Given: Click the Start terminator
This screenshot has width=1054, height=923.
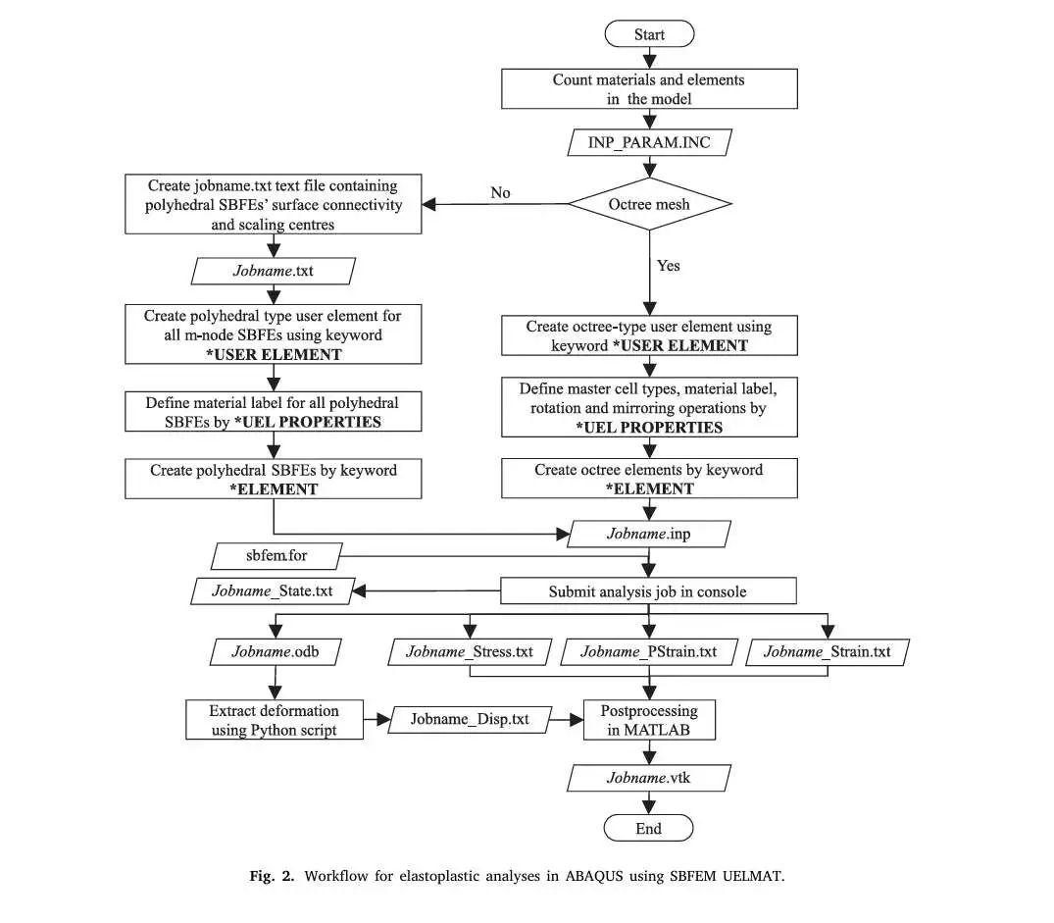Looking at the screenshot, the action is coord(649,33).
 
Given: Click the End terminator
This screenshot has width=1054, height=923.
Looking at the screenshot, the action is coord(649,828).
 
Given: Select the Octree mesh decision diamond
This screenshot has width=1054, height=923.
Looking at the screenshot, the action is coord(649,204).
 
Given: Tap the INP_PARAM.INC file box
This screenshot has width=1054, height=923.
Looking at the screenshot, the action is coord(649,142).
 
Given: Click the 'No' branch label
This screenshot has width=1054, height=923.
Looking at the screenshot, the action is coord(500,193).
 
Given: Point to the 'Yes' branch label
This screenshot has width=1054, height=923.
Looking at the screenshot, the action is coord(668,266).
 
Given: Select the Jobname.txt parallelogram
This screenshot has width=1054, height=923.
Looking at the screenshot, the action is coord(274,271).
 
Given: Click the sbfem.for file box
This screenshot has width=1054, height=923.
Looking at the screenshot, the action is coord(276,556).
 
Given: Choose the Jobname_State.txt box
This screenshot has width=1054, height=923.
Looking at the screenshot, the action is coord(273,590).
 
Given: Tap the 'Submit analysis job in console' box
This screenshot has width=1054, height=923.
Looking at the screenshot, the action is coord(649,591).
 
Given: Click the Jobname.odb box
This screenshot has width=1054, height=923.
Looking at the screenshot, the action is coord(276,652).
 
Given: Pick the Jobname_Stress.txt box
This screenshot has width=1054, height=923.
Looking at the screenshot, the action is coord(470,652).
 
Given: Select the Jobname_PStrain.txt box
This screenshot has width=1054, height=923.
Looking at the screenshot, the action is coord(649,652).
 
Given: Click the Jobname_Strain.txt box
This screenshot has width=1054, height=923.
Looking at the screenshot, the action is coord(828,652).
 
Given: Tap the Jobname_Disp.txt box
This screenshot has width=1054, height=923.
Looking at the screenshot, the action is coord(470,719).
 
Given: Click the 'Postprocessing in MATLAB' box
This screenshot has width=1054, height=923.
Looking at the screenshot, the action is coord(649,720).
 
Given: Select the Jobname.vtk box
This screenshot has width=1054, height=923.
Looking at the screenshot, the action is coord(649,778).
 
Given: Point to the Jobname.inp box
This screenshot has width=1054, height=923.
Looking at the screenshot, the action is coord(649,534).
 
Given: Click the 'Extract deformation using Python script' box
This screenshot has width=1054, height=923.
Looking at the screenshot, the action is coord(275,720).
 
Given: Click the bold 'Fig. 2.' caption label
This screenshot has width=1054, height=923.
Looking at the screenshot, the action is coord(272,876).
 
